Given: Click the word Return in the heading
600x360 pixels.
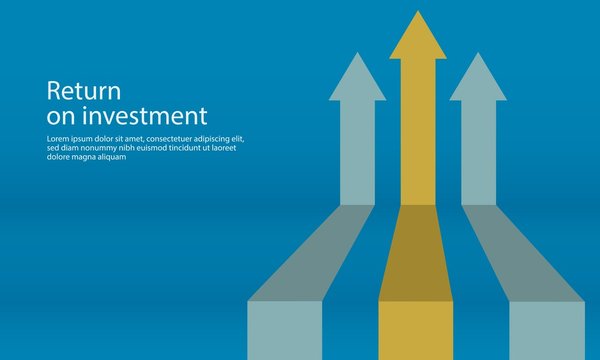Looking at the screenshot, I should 77,91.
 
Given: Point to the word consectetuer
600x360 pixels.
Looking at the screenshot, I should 167,138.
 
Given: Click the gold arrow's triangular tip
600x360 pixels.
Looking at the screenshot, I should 418,38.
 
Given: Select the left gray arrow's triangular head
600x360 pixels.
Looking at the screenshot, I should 357,80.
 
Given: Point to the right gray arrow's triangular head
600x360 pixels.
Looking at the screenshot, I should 478,80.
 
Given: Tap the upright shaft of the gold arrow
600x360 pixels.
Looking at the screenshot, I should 418,130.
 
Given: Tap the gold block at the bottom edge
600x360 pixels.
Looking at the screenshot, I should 415,330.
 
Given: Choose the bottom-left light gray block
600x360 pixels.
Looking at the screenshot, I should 285,330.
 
